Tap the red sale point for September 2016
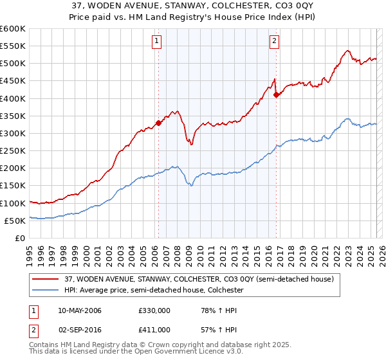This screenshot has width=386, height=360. (x=276, y=94)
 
